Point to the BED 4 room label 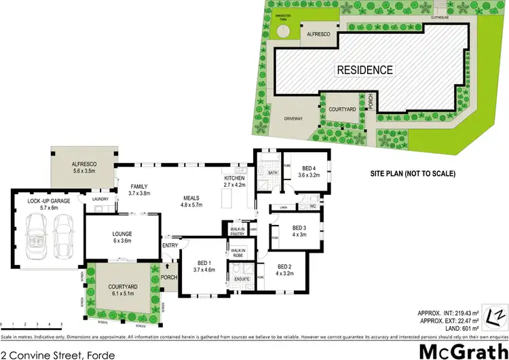tap(309, 171)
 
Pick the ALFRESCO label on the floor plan tap(86, 168)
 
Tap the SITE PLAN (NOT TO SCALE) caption tap(412, 173)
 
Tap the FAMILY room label tap(138, 190)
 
